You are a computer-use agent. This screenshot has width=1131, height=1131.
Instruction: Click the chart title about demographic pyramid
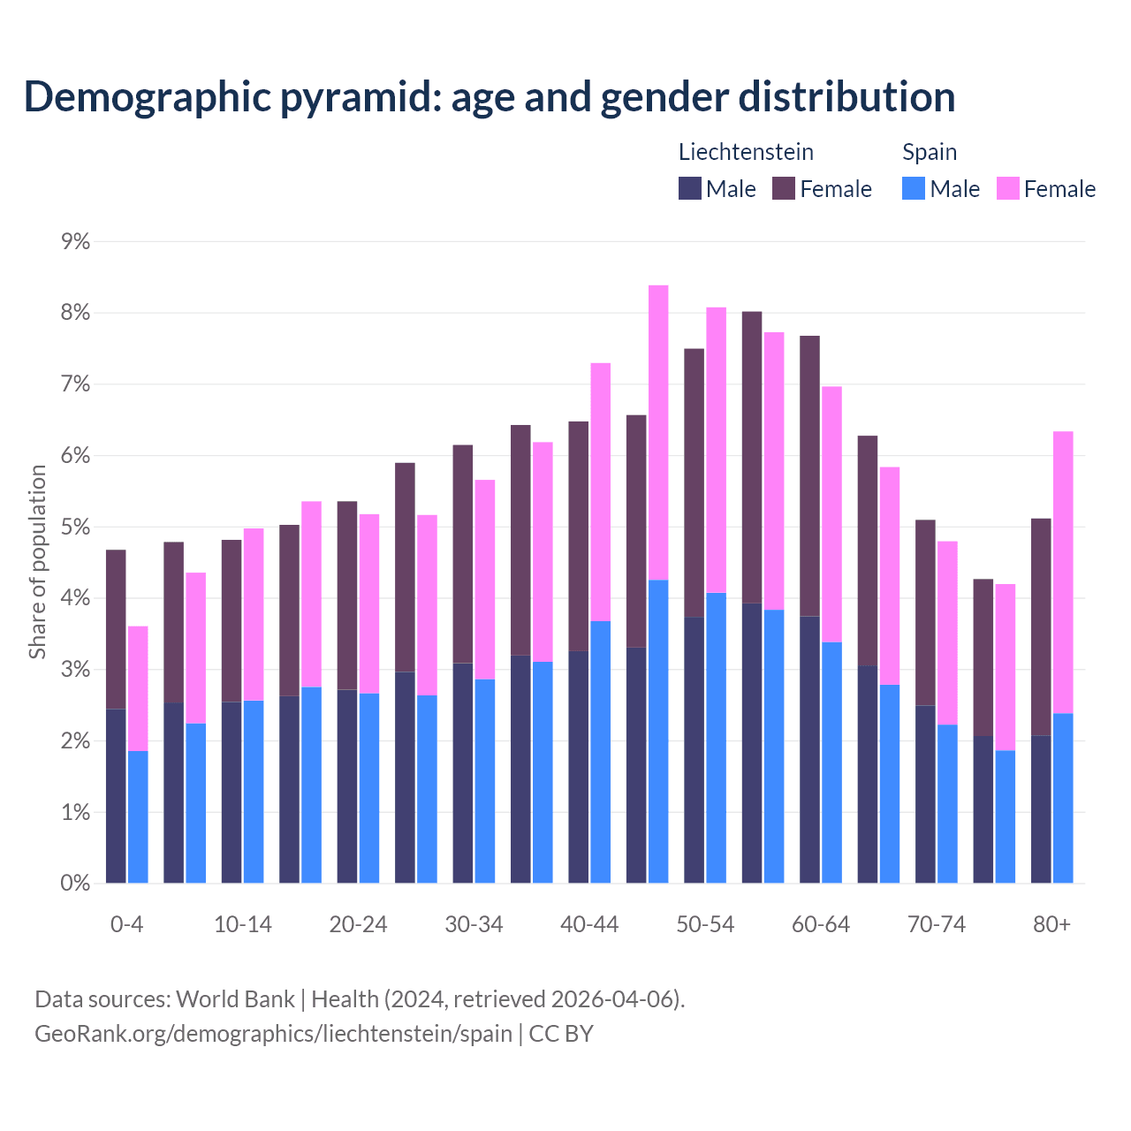click(x=490, y=97)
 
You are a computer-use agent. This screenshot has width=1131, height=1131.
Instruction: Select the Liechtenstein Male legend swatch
click(x=690, y=188)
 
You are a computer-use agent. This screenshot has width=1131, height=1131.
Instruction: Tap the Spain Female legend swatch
click(x=1007, y=188)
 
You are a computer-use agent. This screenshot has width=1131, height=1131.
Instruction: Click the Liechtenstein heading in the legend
click(x=746, y=152)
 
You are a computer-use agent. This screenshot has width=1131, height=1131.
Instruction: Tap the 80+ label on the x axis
click(x=1051, y=924)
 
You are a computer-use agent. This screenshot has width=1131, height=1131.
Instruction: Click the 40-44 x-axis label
click(x=589, y=924)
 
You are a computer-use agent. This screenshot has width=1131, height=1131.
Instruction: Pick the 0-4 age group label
click(x=126, y=924)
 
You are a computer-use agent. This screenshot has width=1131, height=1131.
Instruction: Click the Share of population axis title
click(x=38, y=562)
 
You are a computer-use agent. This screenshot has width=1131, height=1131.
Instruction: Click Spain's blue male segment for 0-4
click(x=138, y=816)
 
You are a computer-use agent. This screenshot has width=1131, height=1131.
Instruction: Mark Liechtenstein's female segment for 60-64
click(x=809, y=475)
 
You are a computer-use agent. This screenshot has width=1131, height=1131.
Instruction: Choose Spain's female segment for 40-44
click(x=601, y=491)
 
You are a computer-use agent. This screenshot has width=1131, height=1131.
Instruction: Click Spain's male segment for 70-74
click(x=947, y=803)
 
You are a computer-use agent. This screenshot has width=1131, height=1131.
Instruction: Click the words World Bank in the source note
click(x=235, y=999)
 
